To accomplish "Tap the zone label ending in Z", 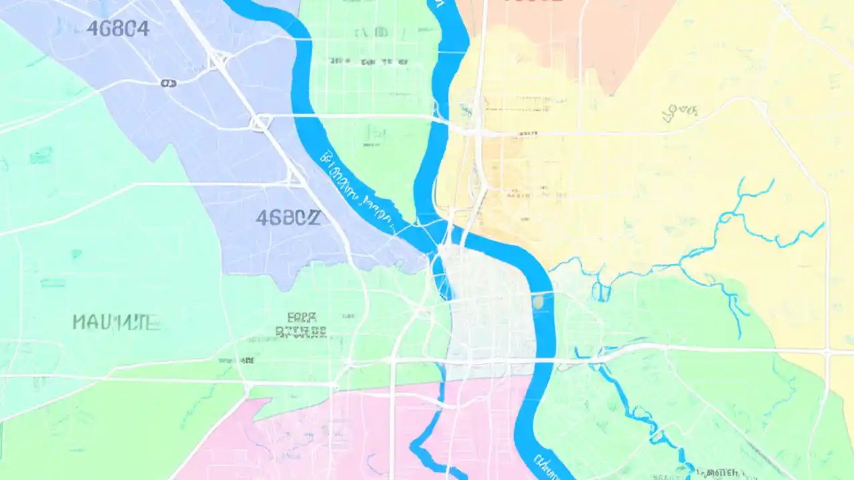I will pyautogui.click(x=288, y=217).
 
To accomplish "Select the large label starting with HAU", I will pyautogui.click(x=116, y=323).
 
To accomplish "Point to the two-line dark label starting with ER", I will pyautogui.click(x=301, y=324).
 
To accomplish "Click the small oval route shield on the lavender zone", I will pyautogui.click(x=168, y=83).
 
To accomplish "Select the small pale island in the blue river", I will pyautogui.click(x=538, y=301).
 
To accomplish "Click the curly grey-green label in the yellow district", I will pyautogui.click(x=679, y=113).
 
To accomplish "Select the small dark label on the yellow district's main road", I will pyautogui.click(x=527, y=133).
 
